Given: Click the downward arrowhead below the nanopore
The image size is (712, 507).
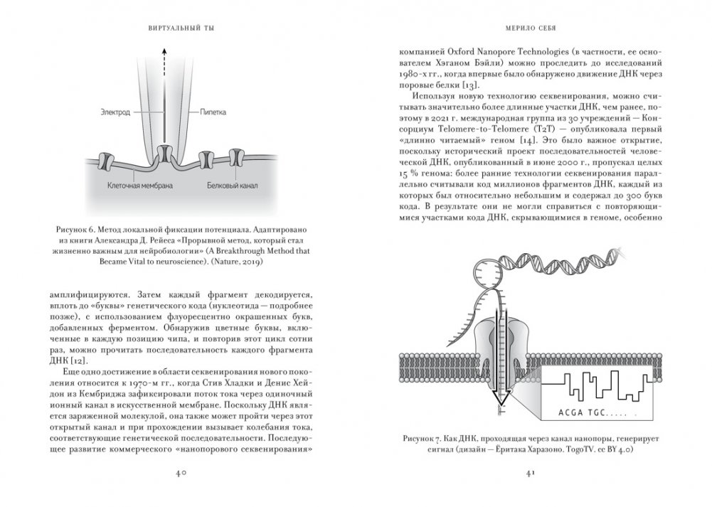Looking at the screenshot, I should pyautogui.click(x=497, y=412).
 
